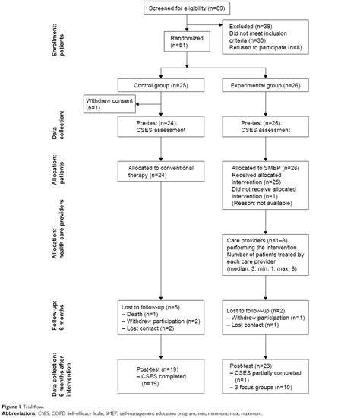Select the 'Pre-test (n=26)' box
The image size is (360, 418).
coord(263,127)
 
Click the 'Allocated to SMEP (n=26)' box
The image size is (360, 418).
coord(263,182)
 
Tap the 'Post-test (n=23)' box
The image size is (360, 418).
coord(263,373)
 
